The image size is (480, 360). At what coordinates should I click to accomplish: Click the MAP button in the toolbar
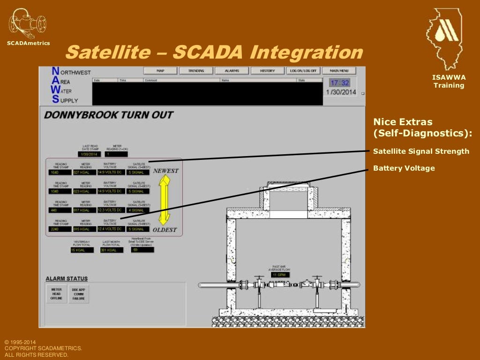(160, 71)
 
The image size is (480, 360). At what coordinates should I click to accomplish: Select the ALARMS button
(232, 71)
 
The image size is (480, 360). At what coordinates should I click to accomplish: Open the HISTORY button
(267, 71)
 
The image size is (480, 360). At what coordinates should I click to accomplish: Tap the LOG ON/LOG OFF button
(303, 71)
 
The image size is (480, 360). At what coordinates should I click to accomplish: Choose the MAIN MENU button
(339, 71)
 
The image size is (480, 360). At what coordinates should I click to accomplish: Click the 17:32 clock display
(340, 82)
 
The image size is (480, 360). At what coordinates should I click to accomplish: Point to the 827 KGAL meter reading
(85, 172)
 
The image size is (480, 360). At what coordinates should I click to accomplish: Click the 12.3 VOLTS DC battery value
(111, 210)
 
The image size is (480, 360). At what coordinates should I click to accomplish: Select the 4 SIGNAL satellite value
(138, 210)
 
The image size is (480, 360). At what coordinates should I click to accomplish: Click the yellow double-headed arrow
(164, 200)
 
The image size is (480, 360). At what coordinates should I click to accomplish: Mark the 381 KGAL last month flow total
(111, 250)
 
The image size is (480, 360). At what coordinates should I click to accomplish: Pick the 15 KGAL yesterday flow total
(82, 250)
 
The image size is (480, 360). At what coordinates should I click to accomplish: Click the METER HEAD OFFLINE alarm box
(56, 294)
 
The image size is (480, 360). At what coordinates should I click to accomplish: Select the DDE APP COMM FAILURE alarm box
(78, 294)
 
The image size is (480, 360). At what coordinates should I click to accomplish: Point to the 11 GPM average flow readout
(280, 275)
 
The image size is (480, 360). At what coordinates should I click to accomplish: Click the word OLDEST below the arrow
(165, 230)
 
